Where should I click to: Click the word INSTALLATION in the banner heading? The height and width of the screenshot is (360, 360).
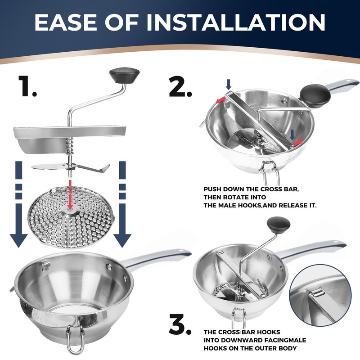236,22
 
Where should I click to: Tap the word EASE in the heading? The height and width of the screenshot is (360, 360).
66,22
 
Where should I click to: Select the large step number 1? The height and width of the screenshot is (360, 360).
27,86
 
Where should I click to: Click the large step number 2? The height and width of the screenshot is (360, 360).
180,86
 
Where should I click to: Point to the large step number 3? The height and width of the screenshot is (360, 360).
180,324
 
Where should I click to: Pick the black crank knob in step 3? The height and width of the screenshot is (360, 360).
279,225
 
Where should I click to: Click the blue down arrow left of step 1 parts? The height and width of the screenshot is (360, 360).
18,204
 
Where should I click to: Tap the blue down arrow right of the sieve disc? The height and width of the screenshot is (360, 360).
122,204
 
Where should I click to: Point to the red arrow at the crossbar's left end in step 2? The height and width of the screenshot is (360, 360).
221,100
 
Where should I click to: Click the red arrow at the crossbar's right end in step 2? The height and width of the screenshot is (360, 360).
297,142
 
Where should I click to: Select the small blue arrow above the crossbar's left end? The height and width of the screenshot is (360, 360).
229,84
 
